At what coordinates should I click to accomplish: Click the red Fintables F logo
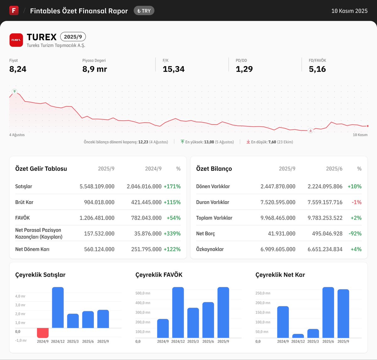pyautogui.click(x=14, y=10)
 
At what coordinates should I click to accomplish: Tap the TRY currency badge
pyautogui.click(x=144, y=11)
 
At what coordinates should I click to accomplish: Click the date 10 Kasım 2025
pyautogui.click(x=349, y=11)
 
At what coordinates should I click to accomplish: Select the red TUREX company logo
pyautogui.click(x=16, y=40)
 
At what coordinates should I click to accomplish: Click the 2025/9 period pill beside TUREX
pyautogui.click(x=73, y=37)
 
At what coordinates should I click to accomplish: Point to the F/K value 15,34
pyautogui.click(x=173, y=69)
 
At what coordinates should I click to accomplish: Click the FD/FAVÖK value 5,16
pyautogui.click(x=317, y=69)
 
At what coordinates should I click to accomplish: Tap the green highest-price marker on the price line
pyautogui.click(x=14, y=91)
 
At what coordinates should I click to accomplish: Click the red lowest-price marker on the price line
pyautogui.click(x=310, y=130)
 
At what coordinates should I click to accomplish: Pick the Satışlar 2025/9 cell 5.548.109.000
pyautogui.click(x=97, y=186)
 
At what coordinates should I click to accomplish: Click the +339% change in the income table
pyautogui.click(x=172, y=234)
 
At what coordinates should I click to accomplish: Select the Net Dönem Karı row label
pyautogui.click(x=32, y=249)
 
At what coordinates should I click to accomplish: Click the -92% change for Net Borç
pyautogui.click(x=355, y=234)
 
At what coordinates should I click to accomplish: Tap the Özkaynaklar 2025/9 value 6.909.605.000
pyautogui.click(x=278, y=249)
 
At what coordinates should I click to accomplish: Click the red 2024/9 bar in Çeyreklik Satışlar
pyautogui.click(x=43, y=333)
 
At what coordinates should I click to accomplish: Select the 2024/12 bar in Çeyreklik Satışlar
pyautogui.click(x=58, y=307)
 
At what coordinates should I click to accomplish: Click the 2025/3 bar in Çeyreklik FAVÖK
pyautogui.click(x=193, y=323)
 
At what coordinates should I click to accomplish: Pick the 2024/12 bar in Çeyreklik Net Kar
pyautogui.click(x=298, y=336)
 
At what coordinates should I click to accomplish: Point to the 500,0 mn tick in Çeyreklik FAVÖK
pyautogui.click(x=143, y=293)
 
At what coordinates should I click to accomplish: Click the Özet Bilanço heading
pyautogui.click(x=214, y=169)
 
